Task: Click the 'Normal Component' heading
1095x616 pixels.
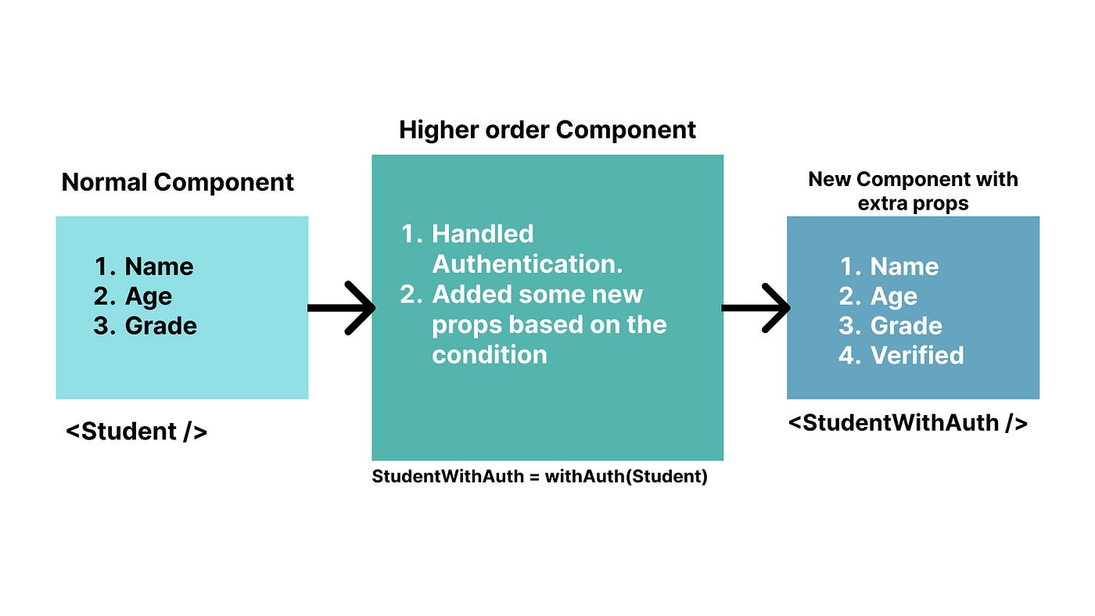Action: coord(178,182)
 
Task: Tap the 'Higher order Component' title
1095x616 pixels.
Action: coord(547,130)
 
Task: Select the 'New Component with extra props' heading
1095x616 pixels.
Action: coord(913,191)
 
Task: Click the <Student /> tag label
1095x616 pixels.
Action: coord(136,431)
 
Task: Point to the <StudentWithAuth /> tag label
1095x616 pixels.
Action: coord(907,423)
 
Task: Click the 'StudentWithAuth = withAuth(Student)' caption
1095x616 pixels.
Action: coord(540,476)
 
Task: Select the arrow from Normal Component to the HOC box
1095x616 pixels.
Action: coord(342,308)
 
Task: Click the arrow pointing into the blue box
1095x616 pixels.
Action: coord(756,308)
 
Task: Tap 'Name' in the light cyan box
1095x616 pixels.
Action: coord(159,267)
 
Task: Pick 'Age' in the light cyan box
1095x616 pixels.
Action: coord(149,296)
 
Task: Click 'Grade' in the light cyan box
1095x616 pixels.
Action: coord(161,326)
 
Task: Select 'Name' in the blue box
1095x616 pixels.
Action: coord(904,267)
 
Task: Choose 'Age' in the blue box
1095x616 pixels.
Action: coord(894,296)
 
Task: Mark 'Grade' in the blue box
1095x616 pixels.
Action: coord(907,326)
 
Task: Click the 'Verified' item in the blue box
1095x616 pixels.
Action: coord(917,356)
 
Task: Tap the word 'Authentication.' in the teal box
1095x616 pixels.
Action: coord(527,264)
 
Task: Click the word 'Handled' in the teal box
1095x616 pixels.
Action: coord(483,234)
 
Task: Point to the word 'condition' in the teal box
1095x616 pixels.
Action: coord(490,355)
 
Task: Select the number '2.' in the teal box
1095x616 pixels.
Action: coord(411,295)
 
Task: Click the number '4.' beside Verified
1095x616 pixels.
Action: coord(849,356)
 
